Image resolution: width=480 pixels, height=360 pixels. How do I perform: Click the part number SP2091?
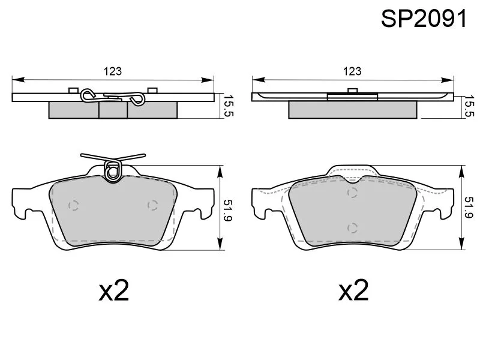pos(424,19)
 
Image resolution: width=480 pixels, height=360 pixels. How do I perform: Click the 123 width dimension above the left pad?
pos(113,71)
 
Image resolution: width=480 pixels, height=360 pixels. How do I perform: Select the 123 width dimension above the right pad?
pos(352,71)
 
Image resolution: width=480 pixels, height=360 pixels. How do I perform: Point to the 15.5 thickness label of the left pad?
pos(229,106)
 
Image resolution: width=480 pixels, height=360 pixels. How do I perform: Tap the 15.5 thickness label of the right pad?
pos(469,106)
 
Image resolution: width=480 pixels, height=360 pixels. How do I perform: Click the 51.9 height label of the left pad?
pos(229,211)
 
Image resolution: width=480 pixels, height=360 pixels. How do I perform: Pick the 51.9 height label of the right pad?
pos(469,207)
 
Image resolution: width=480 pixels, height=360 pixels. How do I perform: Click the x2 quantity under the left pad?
pos(114,290)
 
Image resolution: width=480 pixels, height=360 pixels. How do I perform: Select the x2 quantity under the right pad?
pos(353,290)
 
